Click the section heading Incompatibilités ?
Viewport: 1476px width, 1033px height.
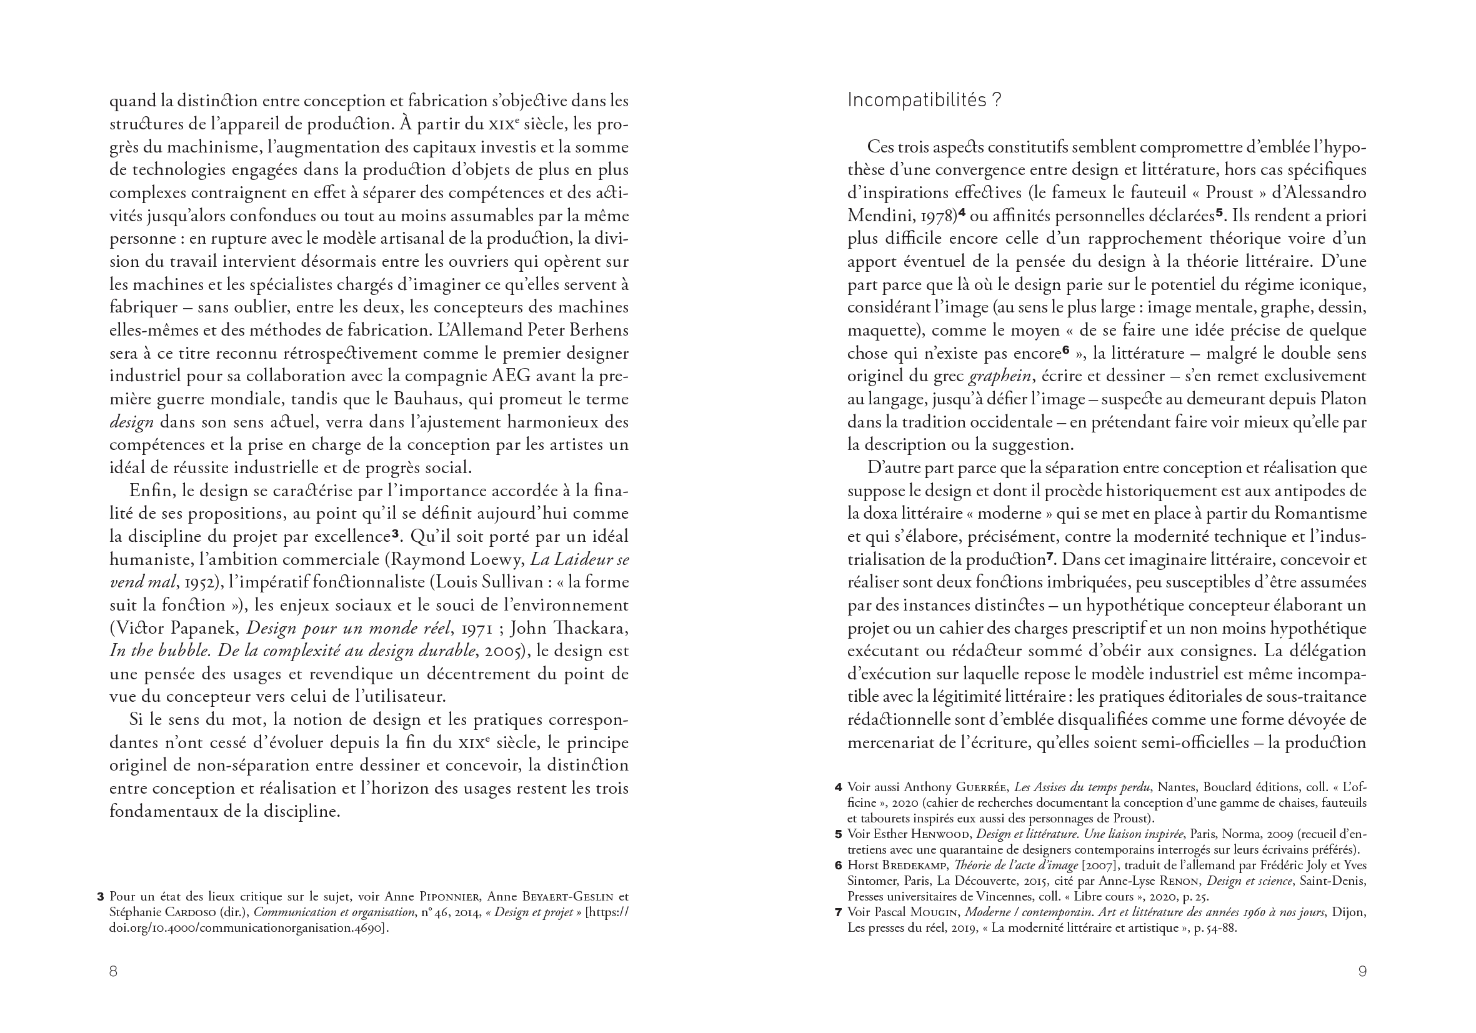pos(924,100)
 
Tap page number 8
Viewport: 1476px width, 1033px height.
pos(113,971)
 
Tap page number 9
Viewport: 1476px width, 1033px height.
pos(1362,971)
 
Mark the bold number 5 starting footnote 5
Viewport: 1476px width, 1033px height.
pos(838,834)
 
